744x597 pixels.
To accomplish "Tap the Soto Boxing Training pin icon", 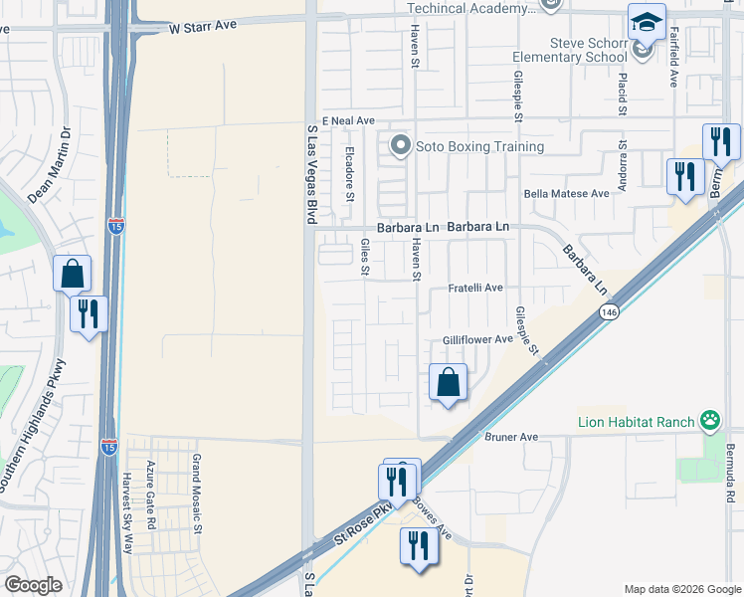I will (x=401, y=146).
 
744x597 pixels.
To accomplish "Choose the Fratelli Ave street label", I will (x=475, y=288).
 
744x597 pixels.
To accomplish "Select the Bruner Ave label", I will (x=510, y=437).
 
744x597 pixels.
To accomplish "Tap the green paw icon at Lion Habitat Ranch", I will (x=709, y=421).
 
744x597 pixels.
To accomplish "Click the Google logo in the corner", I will (x=33, y=585).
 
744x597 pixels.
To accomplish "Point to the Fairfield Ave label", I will (x=673, y=58).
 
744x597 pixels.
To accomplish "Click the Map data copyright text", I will (x=682, y=588).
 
